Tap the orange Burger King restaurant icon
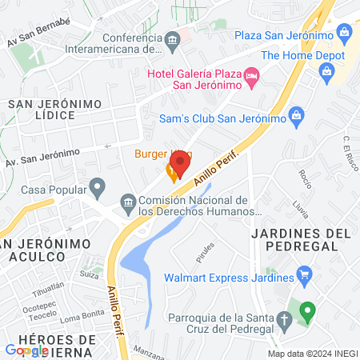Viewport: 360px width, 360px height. [x=171, y=170]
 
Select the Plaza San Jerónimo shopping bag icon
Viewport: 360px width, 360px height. [x=345, y=34]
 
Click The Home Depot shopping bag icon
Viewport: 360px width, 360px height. [x=326, y=73]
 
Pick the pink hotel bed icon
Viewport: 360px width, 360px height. [x=253, y=77]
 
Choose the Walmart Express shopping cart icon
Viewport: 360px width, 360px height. [x=304, y=278]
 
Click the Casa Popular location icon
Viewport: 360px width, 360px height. [x=98, y=190]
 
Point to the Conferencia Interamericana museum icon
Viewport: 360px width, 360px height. [x=171, y=40]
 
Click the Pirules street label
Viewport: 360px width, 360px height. [x=206, y=253]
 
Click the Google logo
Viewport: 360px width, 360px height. [x=27, y=350]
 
